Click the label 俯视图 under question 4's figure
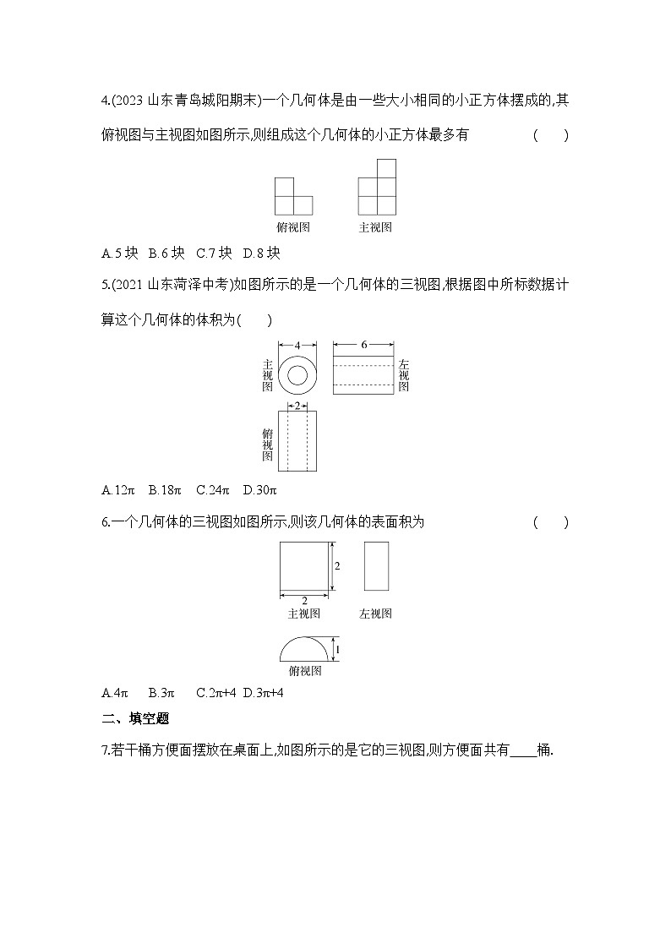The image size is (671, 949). click(293, 227)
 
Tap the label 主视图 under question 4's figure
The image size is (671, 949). click(375, 227)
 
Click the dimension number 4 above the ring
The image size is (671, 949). click(298, 345)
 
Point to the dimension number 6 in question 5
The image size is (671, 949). click(363, 345)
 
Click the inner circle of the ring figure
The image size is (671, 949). click(298, 375)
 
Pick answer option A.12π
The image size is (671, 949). click(118, 489)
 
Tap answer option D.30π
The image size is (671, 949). click(260, 489)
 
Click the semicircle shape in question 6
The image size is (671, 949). click(304, 650)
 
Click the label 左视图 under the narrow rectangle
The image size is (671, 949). click(375, 614)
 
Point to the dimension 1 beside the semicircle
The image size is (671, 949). click(338, 648)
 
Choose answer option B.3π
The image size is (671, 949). click(161, 693)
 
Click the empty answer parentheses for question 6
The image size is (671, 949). click(550, 522)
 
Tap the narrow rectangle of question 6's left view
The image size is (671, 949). click(376, 565)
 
